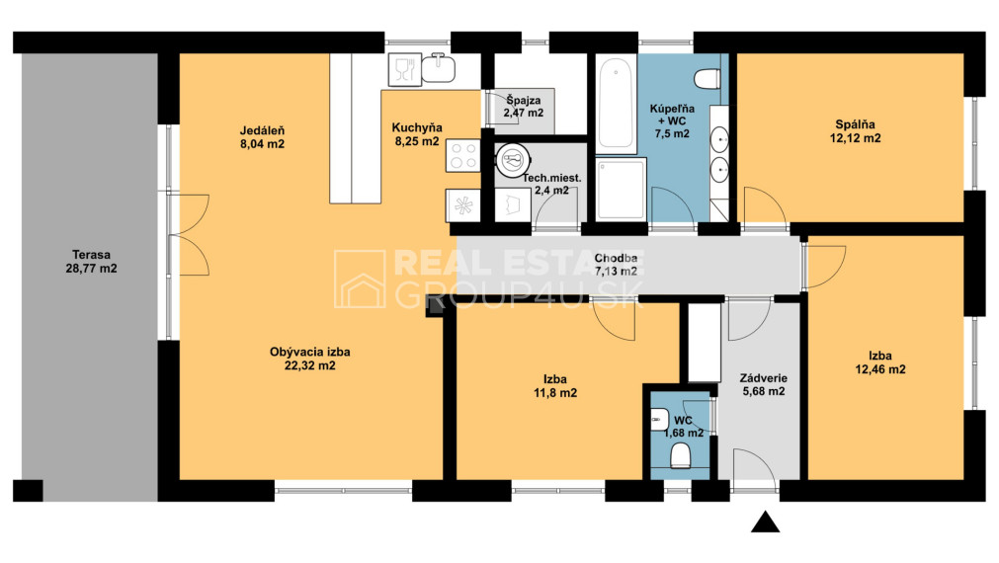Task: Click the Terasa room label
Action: [91, 255]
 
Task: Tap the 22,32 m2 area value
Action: [309, 365]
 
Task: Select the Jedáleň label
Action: [262, 130]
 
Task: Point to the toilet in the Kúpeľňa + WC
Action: [708, 80]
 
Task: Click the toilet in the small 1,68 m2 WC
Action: [681, 455]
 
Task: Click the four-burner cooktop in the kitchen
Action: [463, 155]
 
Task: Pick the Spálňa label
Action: [855, 124]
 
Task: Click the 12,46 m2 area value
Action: [880, 369]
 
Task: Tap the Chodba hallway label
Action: [616, 258]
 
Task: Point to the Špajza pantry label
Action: [524, 100]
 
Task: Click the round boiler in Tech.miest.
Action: [513, 159]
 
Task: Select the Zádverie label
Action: [763, 378]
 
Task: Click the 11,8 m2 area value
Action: [555, 393]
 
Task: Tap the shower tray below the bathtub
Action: [622, 190]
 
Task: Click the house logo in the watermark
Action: [360, 279]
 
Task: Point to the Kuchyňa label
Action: [417, 127]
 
